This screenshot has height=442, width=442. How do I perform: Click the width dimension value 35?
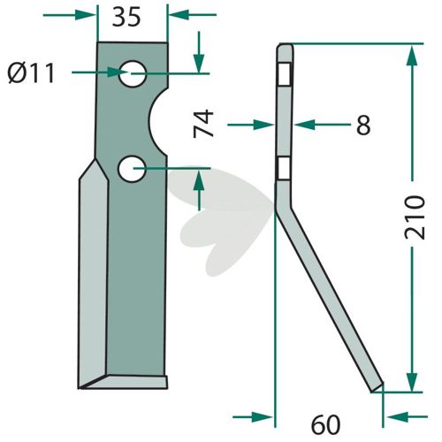[x=126, y=18]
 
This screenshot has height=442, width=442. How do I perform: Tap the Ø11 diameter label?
[x=31, y=73]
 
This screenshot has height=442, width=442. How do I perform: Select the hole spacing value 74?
[x=203, y=124]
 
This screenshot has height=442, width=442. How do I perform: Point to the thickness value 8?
[x=363, y=125]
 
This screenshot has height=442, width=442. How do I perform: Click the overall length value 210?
[x=415, y=217]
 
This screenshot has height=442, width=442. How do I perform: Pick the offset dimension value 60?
[x=325, y=425]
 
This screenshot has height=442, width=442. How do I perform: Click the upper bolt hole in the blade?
[x=133, y=73]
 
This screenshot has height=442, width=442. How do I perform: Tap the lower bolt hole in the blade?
[x=132, y=169]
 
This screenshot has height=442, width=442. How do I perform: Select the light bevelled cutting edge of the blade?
[x=93, y=274]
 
